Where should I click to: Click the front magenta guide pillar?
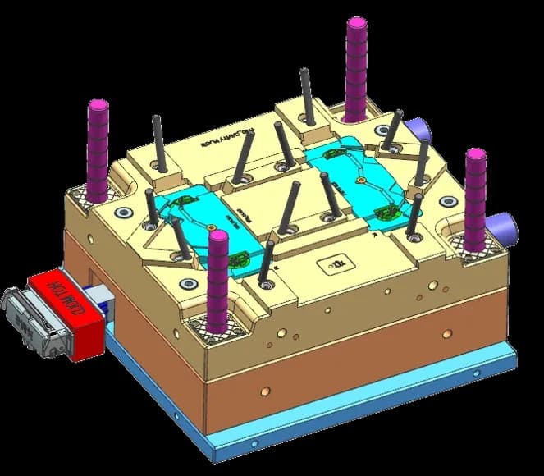coord(217,279)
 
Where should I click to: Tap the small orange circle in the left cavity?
coord(213,227)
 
